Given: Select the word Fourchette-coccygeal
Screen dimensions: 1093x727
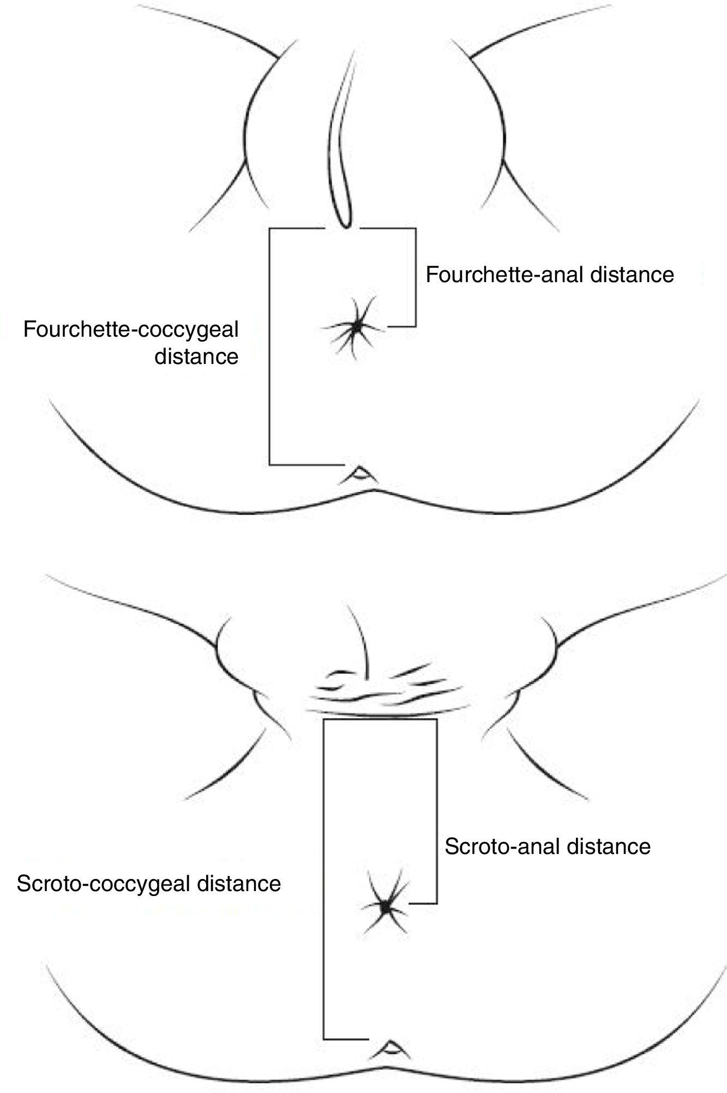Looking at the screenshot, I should (x=131, y=330).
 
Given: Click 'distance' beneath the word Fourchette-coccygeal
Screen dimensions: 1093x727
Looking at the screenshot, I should (x=197, y=357).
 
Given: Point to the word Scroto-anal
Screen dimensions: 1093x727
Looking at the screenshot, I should (x=502, y=846).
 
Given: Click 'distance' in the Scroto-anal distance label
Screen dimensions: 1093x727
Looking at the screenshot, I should (x=609, y=846).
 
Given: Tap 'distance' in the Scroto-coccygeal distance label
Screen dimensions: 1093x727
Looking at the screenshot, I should (x=239, y=883).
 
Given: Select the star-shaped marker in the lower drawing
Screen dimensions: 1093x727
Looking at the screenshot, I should (x=386, y=906).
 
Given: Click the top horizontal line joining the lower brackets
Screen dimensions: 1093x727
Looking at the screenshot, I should (x=380, y=720).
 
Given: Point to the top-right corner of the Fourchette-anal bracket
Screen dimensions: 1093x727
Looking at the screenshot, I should (x=416, y=229).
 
